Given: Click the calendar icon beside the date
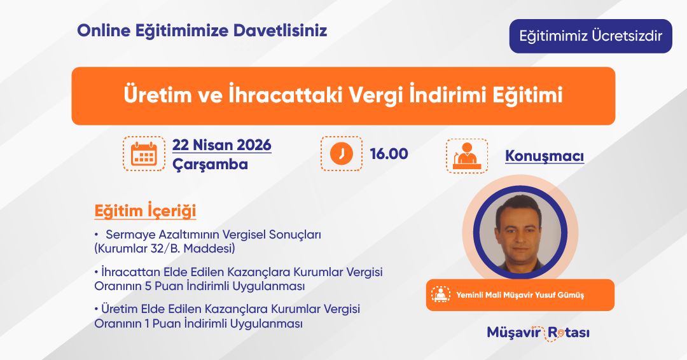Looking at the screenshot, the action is pos(144,153).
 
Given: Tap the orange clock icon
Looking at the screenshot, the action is pos(342,153).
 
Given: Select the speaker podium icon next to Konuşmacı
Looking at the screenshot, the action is pos(467,156).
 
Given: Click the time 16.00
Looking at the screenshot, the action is pos(389,154).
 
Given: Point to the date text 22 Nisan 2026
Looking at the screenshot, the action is pos(222,144).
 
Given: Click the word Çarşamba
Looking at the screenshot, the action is pos(210,165).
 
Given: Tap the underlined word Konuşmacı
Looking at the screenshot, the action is pos(545,156).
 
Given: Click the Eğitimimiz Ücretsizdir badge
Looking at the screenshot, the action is pos(590,36).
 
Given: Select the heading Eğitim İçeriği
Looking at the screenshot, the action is pos(145,211).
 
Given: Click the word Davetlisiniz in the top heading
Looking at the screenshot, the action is pos(280,31).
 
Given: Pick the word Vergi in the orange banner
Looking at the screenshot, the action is pos(375,95).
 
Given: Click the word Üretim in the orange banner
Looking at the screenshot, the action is pos(158,95).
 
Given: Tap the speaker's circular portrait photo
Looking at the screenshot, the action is pos(520,232).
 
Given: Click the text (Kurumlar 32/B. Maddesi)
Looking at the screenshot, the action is pos(165,249).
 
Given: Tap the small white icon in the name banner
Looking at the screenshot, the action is pos(440,294).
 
